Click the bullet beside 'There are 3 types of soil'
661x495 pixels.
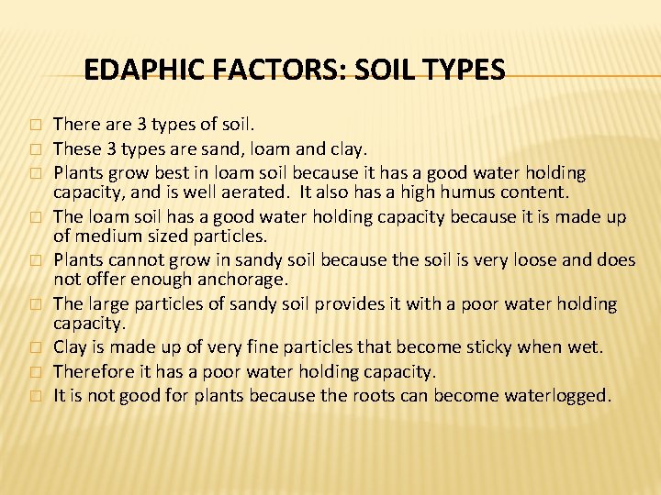click(x=36, y=124)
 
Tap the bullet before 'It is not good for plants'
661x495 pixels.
click(x=36, y=396)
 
